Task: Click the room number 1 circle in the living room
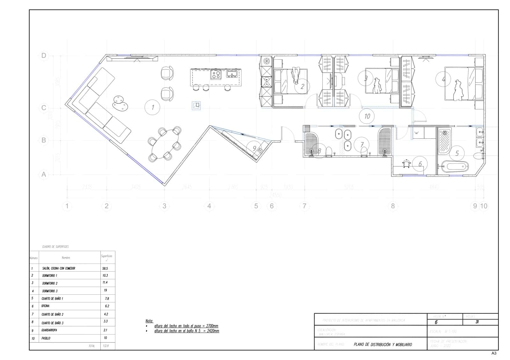152,107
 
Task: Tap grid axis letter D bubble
44,56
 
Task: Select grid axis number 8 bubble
393,206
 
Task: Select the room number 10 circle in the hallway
367,116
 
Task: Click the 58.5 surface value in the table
105,269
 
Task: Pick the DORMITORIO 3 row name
50,291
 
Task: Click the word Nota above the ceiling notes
149,321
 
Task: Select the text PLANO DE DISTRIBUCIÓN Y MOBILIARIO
382,345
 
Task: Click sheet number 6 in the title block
436,322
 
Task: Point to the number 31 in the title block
477,322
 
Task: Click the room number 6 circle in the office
420,164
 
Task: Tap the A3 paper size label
494,353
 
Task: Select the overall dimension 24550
275,195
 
